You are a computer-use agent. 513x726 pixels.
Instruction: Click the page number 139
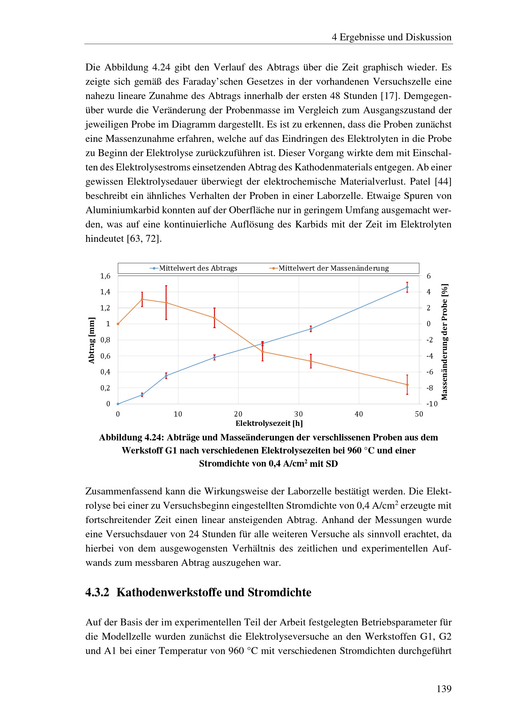444,688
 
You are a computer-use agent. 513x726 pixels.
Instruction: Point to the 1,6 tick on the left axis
105,276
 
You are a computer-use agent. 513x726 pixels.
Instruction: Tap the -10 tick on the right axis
432,404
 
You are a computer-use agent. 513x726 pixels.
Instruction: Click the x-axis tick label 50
419,414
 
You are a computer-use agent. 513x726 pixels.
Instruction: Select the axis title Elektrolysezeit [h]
269,423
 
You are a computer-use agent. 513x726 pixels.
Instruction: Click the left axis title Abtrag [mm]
91,340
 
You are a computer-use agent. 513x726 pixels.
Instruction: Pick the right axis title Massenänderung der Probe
444,342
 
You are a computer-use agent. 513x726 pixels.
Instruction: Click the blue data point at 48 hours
407,287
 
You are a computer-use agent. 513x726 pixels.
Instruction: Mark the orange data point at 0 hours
118,324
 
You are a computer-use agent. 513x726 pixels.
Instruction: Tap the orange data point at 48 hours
407,385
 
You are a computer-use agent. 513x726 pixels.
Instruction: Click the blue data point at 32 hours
311,329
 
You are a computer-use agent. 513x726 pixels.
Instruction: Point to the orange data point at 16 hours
215,318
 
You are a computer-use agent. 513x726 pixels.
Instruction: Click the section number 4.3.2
97,592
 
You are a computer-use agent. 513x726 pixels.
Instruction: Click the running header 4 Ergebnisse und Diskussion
391,37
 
